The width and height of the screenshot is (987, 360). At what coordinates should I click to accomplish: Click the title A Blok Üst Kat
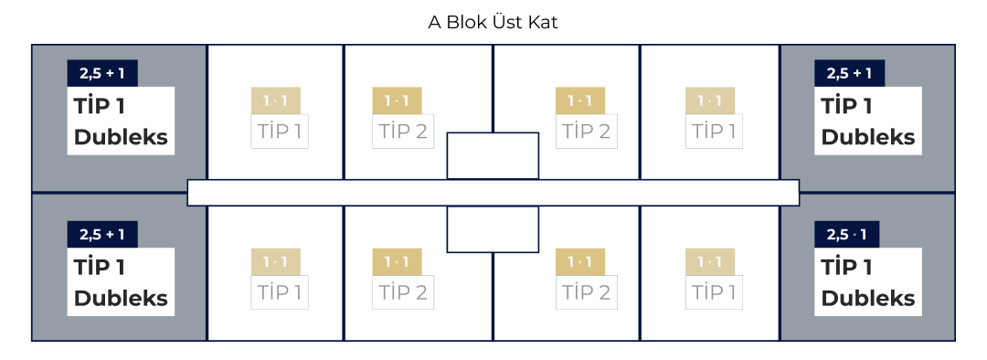pyautogui.click(x=493, y=22)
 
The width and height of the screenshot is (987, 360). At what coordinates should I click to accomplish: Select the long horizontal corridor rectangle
pyautogui.click(x=493, y=193)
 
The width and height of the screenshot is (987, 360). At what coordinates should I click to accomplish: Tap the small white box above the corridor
pyautogui.click(x=493, y=155)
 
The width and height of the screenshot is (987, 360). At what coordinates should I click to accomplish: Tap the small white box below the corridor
pyautogui.click(x=493, y=229)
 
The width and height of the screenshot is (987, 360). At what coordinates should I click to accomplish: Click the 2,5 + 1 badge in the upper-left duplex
pyautogui.click(x=102, y=74)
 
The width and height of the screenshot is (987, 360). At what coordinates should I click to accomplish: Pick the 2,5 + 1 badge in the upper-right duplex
pyautogui.click(x=849, y=74)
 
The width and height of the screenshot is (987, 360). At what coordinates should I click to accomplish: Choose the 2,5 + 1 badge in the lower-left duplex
pyautogui.click(x=102, y=235)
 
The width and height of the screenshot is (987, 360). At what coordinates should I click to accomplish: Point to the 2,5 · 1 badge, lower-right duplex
pyautogui.click(x=849, y=235)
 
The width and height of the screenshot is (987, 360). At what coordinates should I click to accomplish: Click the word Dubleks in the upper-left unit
pyautogui.click(x=121, y=137)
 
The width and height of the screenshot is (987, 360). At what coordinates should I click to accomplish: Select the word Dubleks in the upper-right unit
pyautogui.click(x=868, y=137)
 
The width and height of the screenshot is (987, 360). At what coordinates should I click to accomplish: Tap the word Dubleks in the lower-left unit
pyautogui.click(x=121, y=298)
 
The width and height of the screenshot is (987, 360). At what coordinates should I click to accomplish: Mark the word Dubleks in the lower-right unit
pyautogui.click(x=868, y=298)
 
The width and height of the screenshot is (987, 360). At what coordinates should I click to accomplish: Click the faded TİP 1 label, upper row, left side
pyautogui.click(x=280, y=131)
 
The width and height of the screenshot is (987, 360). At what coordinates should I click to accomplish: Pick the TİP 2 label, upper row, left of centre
pyautogui.click(x=403, y=131)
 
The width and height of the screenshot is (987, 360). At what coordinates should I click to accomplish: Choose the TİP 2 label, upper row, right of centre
pyautogui.click(x=586, y=131)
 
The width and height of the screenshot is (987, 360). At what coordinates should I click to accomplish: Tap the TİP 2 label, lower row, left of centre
pyautogui.click(x=403, y=292)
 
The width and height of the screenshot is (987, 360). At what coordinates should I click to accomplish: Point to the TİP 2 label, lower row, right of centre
pyautogui.click(x=586, y=292)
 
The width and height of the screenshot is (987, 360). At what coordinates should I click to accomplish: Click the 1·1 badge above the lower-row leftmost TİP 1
pyautogui.click(x=276, y=261)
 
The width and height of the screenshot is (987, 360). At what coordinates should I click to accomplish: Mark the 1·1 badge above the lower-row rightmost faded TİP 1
pyautogui.click(x=710, y=261)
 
